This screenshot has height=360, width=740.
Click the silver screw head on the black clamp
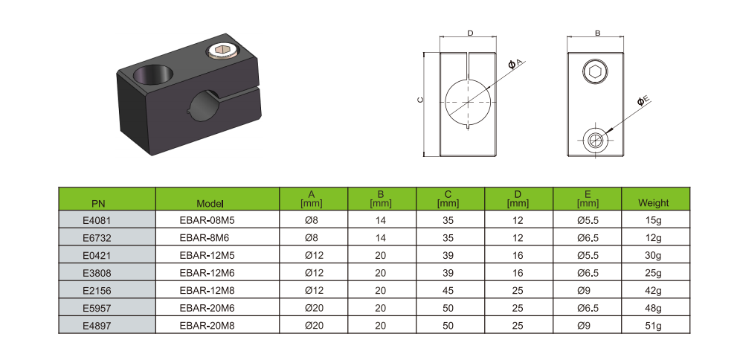coord(221,51)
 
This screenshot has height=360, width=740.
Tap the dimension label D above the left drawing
coord(470,33)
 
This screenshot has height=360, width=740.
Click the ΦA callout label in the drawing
coord(516,65)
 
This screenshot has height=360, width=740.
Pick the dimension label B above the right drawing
coord(598,33)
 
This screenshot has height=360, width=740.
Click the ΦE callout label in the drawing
coord(643,100)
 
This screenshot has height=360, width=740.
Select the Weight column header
coord(654,202)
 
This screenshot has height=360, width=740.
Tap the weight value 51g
coord(654,325)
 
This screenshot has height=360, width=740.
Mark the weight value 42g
coord(654,290)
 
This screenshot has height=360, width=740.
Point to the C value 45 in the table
coord(448,290)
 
